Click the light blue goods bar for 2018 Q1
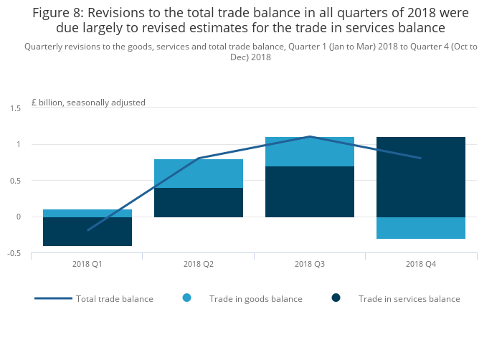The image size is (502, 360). pyautogui.click(x=87, y=213)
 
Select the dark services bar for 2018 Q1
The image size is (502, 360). pyautogui.click(x=87, y=232)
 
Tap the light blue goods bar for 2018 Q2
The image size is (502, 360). pyautogui.click(x=199, y=174)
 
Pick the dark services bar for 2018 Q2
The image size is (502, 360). pyautogui.click(x=199, y=202)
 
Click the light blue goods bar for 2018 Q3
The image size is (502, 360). pyautogui.click(x=310, y=151)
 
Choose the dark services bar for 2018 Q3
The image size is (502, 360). pyautogui.click(x=310, y=191)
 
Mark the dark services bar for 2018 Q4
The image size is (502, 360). pyautogui.click(x=421, y=176)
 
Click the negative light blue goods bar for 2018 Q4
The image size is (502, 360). pyautogui.click(x=421, y=228)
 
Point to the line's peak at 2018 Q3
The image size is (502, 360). pyautogui.click(x=310, y=136)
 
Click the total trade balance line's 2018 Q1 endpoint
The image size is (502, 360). pyautogui.click(x=87, y=230)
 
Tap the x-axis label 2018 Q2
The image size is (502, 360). pyautogui.click(x=199, y=264)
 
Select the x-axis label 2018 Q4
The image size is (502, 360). pyautogui.click(x=421, y=264)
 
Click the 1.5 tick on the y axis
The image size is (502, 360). pyautogui.click(x=16, y=108)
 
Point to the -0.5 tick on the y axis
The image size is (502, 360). pyautogui.click(x=14, y=253)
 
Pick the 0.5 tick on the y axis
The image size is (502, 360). pyautogui.click(x=16, y=181)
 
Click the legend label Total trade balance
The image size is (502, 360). pyautogui.click(x=115, y=298)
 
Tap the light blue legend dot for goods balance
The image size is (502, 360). pyautogui.click(x=187, y=298)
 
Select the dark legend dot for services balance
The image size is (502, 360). pyautogui.click(x=336, y=298)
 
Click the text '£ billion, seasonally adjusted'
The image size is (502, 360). pyautogui.click(x=88, y=103)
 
